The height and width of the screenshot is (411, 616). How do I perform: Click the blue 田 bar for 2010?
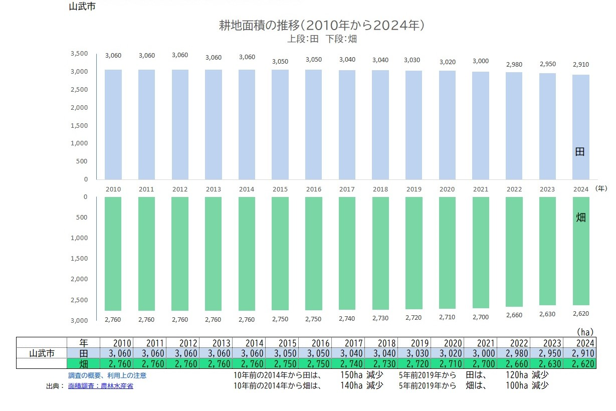tap(113, 124)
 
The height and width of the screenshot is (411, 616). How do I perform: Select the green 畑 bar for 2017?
tap(347, 253)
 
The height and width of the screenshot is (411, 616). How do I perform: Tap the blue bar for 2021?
tap(481, 126)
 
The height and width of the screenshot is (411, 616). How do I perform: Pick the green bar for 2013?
tap(213, 254)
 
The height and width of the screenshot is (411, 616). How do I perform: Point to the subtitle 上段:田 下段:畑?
tap(322, 39)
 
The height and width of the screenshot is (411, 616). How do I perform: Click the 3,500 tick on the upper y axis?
tap(79, 53)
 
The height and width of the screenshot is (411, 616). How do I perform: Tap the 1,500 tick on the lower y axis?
tap(79, 259)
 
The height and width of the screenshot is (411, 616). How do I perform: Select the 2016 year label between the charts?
tap(313, 189)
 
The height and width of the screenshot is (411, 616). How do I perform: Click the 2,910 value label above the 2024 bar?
tap(581, 64)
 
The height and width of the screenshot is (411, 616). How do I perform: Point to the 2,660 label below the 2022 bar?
tap(514, 315)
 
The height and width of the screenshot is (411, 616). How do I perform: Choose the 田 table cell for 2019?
tap(414, 353)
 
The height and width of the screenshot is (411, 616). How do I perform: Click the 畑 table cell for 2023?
tap(547, 364)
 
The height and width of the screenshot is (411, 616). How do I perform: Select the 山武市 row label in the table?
tap(42, 353)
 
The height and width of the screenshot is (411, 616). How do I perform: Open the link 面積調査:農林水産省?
tap(101, 386)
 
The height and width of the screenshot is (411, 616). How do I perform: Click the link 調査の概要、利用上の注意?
tap(107, 375)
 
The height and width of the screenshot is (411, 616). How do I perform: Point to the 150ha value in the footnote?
tap(351, 375)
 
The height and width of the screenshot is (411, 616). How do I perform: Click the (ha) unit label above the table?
tap(585, 332)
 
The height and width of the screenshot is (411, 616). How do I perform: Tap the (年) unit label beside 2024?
tap(601, 188)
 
